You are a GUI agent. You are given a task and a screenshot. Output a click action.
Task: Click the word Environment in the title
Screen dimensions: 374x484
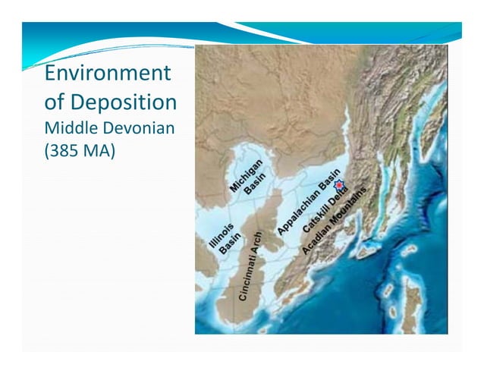[106, 74]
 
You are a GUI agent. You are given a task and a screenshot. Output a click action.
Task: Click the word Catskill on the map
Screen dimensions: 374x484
[316, 218]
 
